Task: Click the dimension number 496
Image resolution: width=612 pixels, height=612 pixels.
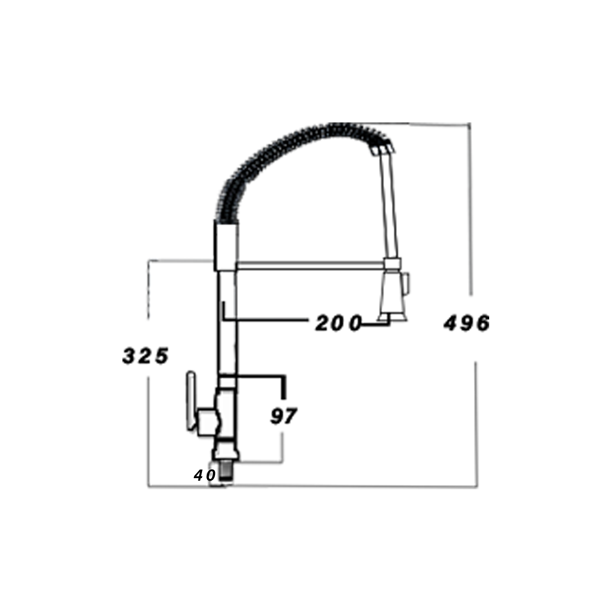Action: click(x=466, y=323)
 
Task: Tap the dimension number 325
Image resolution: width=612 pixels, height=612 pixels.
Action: click(x=145, y=356)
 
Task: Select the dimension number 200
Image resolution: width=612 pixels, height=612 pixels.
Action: click(x=338, y=323)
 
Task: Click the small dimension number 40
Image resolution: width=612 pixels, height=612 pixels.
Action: click(x=204, y=475)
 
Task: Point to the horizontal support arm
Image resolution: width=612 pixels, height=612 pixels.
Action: click(x=310, y=266)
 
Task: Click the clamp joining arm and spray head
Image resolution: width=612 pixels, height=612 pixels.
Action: click(x=392, y=263)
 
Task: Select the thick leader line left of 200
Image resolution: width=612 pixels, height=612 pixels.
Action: click(x=263, y=319)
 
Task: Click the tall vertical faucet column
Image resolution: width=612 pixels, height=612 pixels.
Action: click(x=228, y=323)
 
